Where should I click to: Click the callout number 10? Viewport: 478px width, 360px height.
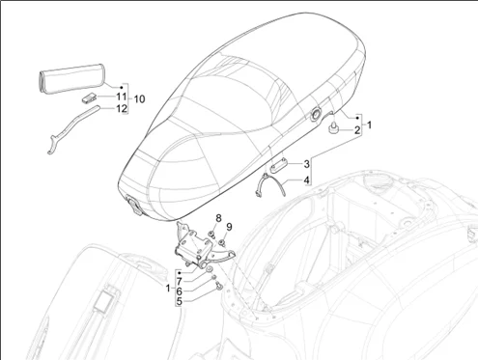[139, 99]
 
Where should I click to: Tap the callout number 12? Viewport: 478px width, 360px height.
[122, 109]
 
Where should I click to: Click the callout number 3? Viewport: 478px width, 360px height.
[307, 163]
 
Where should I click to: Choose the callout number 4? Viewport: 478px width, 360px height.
[307, 180]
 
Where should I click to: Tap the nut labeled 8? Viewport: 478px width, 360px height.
[210, 234]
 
